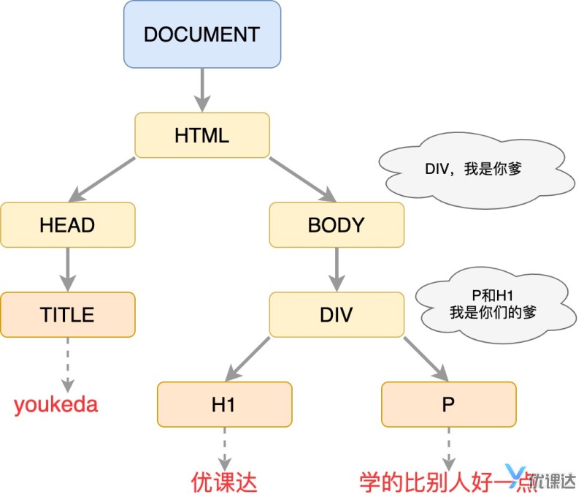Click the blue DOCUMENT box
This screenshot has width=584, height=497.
coord(201,34)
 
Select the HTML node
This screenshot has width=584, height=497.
coord(201,135)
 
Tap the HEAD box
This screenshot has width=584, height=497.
coord(67,224)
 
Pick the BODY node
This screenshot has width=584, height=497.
coord(336,224)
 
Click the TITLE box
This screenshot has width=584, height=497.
coord(67,314)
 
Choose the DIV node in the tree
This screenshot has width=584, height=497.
coord(336,314)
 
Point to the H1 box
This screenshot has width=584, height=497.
coord(224,404)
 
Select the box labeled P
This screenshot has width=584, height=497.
coord(448,404)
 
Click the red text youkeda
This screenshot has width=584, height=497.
coord(56,404)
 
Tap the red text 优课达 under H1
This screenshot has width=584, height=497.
coord(224,482)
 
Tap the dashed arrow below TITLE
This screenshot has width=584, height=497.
coord(67,364)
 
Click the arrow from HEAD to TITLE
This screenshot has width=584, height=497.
coord(67,269)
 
